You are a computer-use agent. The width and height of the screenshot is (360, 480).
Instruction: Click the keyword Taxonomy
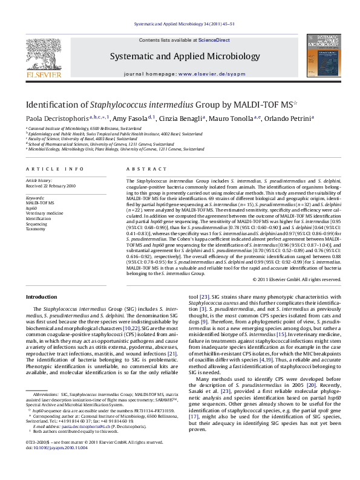[x=36, y=229]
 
